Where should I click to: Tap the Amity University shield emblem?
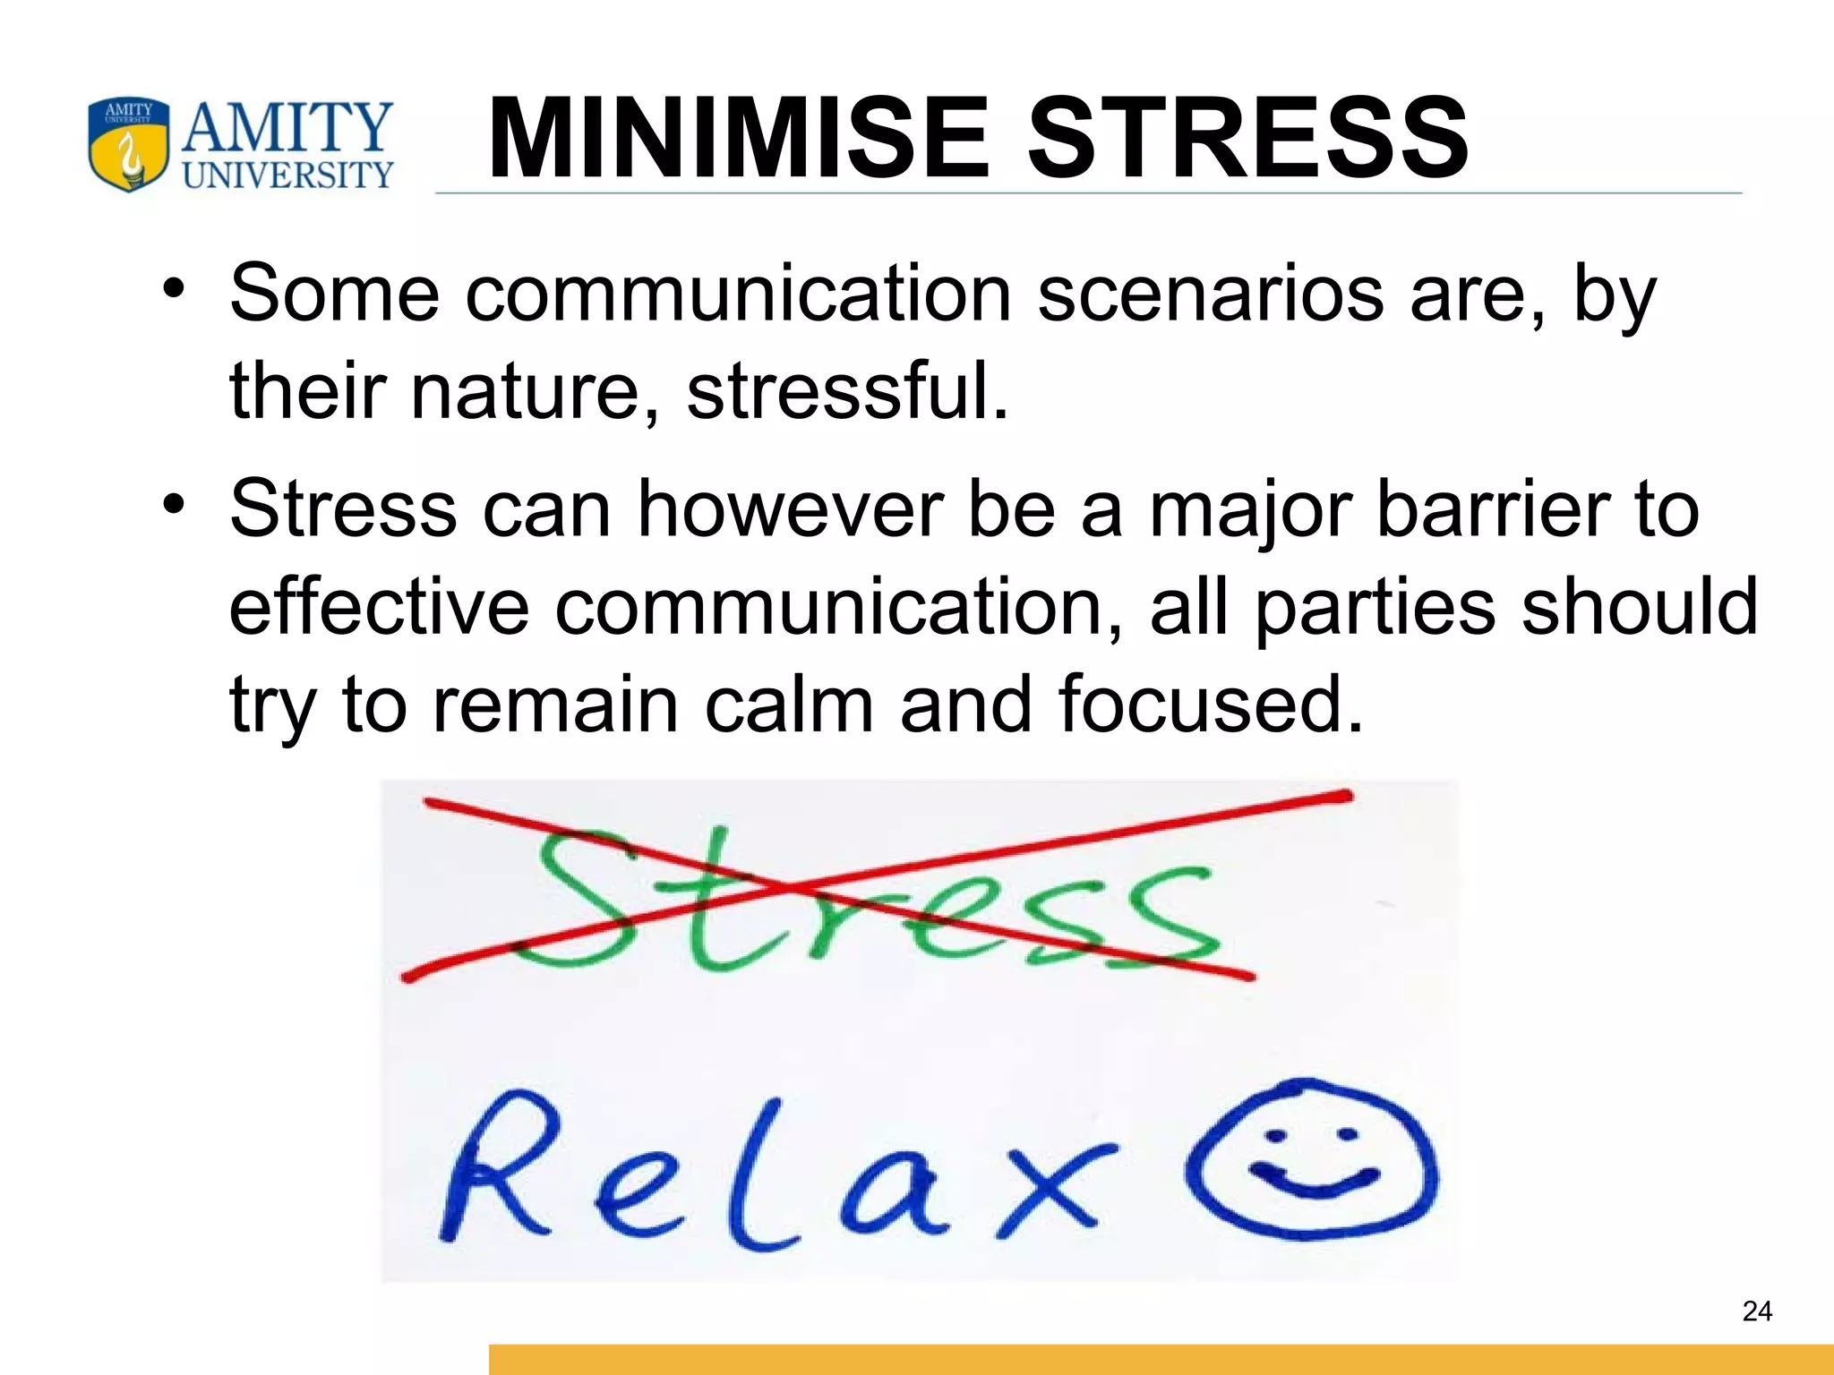click(x=128, y=144)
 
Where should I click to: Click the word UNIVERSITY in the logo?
click(x=287, y=175)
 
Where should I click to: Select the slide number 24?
click(x=1757, y=1311)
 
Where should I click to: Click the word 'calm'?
click(x=789, y=705)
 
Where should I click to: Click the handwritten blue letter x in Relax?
click(x=1057, y=1186)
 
